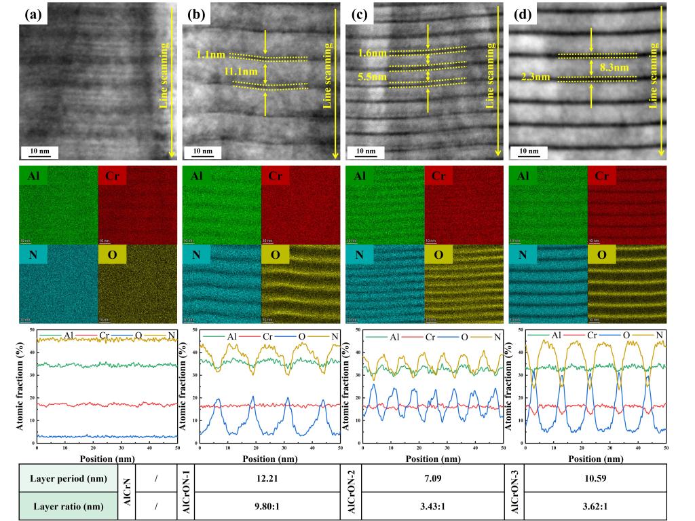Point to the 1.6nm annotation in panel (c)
tap(373, 51)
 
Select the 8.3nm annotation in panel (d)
tap(614, 68)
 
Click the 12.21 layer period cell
tap(267, 478)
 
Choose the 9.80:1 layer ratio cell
tap(267, 507)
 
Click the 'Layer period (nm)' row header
tap(68, 478)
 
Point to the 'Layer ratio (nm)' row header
tap(68, 507)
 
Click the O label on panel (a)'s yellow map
tap(111, 255)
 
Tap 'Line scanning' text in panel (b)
tap(328, 75)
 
